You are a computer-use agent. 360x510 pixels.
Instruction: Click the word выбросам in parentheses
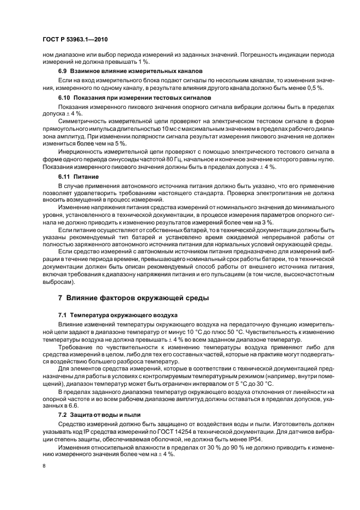tap(56, 282)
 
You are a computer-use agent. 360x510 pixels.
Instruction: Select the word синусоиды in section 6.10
tap(110, 159)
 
